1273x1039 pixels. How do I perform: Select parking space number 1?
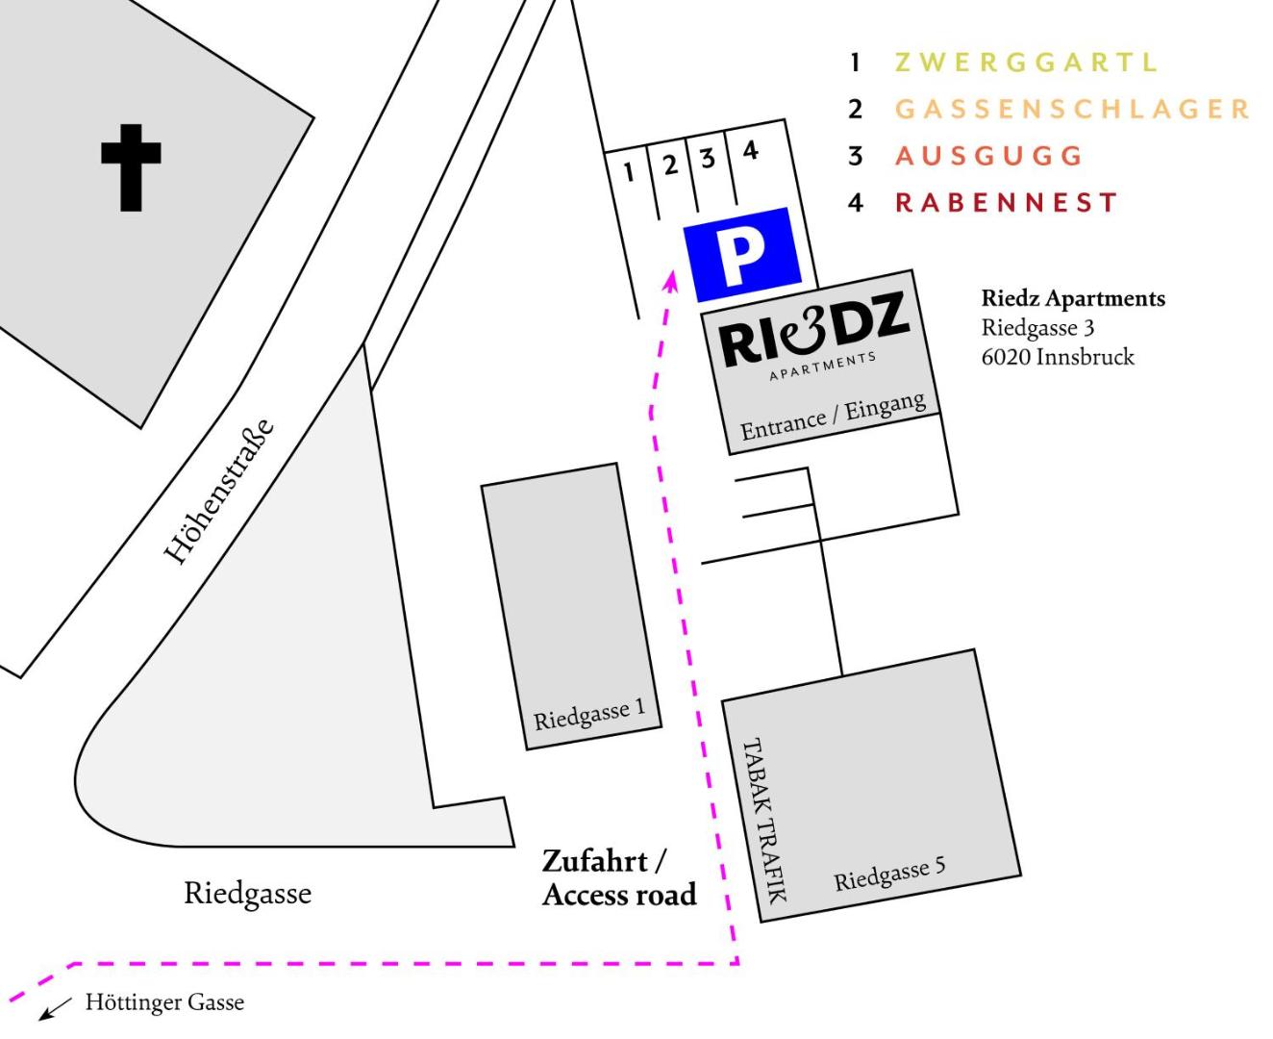tap(629, 173)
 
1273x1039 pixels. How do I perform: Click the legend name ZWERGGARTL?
tap(1026, 63)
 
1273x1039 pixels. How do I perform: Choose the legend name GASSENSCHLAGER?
tap(1072, 109)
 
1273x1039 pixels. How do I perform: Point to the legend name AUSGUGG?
tap(988, 155)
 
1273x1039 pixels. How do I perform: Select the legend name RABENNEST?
tap(1007, 203)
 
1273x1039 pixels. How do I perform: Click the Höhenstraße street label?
tap(220, 491)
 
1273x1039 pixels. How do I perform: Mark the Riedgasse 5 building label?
tap(889, 874)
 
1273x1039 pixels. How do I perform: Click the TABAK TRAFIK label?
tap(764, 821)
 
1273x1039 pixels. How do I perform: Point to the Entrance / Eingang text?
tap(833, 417)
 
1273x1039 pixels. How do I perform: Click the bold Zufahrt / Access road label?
tap(618, 877)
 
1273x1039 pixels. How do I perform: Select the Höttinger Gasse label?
tap(164, 1003)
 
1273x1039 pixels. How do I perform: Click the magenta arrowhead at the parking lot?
tap(673, 281)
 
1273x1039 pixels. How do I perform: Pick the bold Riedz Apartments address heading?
tap(1073, 299)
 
